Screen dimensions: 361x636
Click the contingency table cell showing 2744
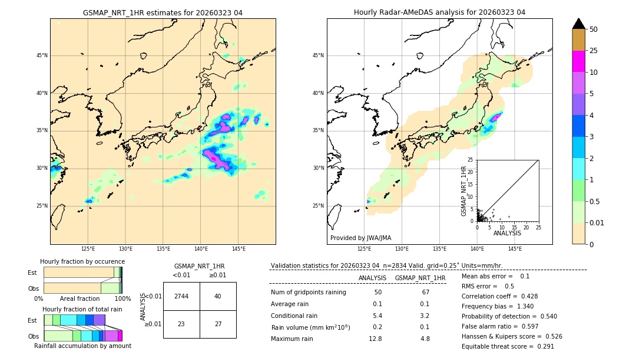[181, 296]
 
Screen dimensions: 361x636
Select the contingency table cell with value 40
[218, 296]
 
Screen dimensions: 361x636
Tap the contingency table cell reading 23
[181, 324]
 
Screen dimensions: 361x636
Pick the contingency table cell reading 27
[218, 324]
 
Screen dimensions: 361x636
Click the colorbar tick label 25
[594, 51]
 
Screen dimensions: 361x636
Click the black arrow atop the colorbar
[579, 24]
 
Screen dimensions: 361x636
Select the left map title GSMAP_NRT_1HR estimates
[163, 12]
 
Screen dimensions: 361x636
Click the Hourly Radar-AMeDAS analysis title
[439, 12]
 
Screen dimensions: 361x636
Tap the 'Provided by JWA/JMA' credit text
[360, 238]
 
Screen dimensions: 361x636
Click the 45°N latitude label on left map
[42, 55]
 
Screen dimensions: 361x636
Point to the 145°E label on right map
[515, 249]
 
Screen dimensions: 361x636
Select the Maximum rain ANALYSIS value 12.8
[376, 339]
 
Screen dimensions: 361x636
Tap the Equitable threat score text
[508, 346]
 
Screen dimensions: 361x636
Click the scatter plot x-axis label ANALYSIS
[507, 234]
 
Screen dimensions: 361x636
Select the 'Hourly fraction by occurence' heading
[82, 261]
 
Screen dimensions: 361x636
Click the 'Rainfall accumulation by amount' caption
[82, 346]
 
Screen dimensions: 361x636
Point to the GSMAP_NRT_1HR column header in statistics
[420, 278]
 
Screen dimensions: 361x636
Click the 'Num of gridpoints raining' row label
[309, 292]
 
